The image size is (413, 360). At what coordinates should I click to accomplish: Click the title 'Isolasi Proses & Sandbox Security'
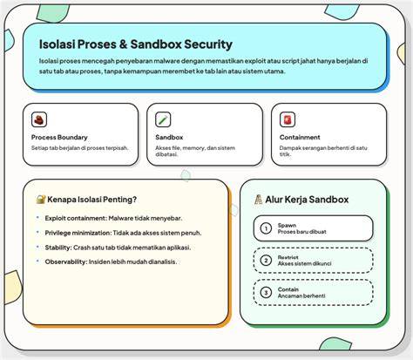[136, 44]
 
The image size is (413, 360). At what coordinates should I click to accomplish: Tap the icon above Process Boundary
[39, 119]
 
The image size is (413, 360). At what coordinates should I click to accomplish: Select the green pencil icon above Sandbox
[163, 119]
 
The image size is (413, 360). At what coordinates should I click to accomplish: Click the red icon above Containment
[288, 119]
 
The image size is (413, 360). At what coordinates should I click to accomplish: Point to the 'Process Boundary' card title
[59, 137]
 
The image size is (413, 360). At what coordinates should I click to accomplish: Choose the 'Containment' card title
[300, 137]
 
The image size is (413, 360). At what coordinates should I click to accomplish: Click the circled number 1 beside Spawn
[266, 228]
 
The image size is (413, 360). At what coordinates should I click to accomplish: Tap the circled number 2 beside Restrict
[266, 261]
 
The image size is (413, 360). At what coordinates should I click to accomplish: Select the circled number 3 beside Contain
[266, 292]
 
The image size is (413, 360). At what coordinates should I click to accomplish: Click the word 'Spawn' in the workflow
[287, 225]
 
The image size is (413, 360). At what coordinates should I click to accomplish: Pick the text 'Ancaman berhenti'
[301, 295]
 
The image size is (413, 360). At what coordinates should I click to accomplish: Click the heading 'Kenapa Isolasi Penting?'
[91, 200]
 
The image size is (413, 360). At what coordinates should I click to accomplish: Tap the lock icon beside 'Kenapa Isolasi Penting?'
[41, 200]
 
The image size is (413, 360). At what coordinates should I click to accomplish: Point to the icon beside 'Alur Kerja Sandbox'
[258, 200]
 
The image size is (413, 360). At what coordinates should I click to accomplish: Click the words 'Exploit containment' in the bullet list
[76, 218]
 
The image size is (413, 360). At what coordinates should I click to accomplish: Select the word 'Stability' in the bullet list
[58, 248]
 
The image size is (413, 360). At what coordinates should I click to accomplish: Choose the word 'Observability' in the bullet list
[65, 262]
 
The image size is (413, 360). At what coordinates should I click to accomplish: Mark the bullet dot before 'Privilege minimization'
[37, 232]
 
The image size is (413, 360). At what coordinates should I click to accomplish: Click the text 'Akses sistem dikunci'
[304, 263]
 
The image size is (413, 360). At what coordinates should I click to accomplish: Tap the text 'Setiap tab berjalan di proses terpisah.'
[79, 148]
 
